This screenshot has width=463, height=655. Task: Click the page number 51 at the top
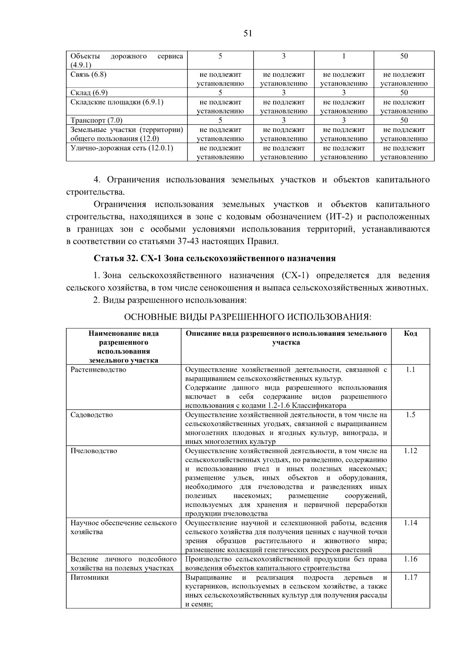pyautogui.click(x=248, y=34)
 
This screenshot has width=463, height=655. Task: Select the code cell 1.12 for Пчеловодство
pyautogui.click(x=411, y=451)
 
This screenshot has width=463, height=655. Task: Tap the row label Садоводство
pyautogui.click(x=91, y=415)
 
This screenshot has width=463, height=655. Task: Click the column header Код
pyautogui.click(x=411, y=333)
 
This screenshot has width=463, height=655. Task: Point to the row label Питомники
pyautogui.click(x=90, y=577)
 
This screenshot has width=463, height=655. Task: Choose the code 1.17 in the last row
pyautogui.click(x=411, y=577)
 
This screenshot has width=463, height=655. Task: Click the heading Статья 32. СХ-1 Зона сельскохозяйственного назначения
pyautogui.click(x=215, y=258)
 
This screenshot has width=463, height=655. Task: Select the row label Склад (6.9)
pyautogui.click(x=89, y=93)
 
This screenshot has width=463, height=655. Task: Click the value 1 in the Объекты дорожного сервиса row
pyautogui.click(x=343, y=56)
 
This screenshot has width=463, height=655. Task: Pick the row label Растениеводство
pyautogui.click(x=98, y=370)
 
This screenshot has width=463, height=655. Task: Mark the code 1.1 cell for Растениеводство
pyautogui.click(x=411, y=370)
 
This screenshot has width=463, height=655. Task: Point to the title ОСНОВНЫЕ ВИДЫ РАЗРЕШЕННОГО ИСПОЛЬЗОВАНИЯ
pyautogui.click(x=247, y=317)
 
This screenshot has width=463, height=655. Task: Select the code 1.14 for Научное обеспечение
pyautogui.click(x=411, y=523)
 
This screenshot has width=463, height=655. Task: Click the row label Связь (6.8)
pyautogui.click(x=88, y=74)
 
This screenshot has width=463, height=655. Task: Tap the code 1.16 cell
pyautogui.click(x=411, y=559)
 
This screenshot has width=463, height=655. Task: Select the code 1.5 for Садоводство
pyautogui.click(x=411, y=415)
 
